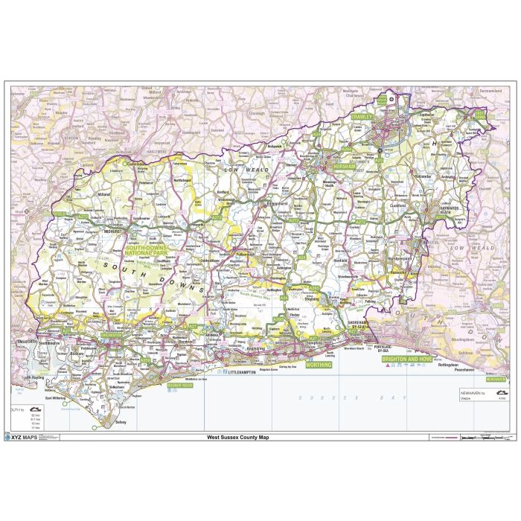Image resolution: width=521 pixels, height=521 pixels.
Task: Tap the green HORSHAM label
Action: (346, 167)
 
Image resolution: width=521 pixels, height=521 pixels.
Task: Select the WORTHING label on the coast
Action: (319, 365)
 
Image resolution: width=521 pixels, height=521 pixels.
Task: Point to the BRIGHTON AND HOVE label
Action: (406, 359)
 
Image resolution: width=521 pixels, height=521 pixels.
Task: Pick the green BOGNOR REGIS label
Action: (180, 386)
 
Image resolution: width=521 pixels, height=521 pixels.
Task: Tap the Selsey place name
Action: (121, 422)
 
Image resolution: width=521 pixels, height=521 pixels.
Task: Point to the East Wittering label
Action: (58, 397)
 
